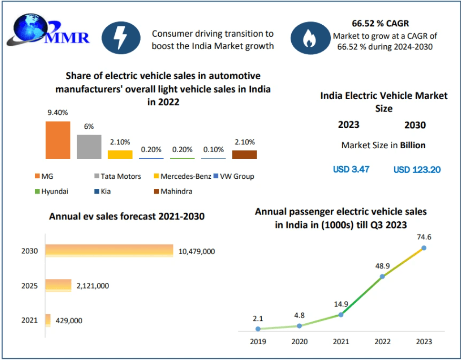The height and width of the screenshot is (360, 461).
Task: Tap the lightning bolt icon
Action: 121,38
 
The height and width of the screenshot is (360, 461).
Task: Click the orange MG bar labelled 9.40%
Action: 58,140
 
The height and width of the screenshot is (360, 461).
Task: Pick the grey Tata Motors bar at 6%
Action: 89,146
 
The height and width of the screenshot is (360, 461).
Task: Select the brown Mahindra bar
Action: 244,154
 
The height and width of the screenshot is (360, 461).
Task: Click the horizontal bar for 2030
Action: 109,250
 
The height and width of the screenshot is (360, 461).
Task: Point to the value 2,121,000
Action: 92,286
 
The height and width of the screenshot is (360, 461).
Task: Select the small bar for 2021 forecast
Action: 48,320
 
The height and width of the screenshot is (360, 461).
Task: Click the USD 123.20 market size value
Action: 417,169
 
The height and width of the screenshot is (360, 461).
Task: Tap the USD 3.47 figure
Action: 351,169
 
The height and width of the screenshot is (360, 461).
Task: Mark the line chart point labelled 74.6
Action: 423,248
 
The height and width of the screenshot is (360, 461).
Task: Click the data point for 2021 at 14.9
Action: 340,314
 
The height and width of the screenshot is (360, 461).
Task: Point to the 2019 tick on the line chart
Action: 258,341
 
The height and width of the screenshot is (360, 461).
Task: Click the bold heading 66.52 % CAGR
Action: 380,23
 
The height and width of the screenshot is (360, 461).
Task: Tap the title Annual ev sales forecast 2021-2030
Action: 127,216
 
